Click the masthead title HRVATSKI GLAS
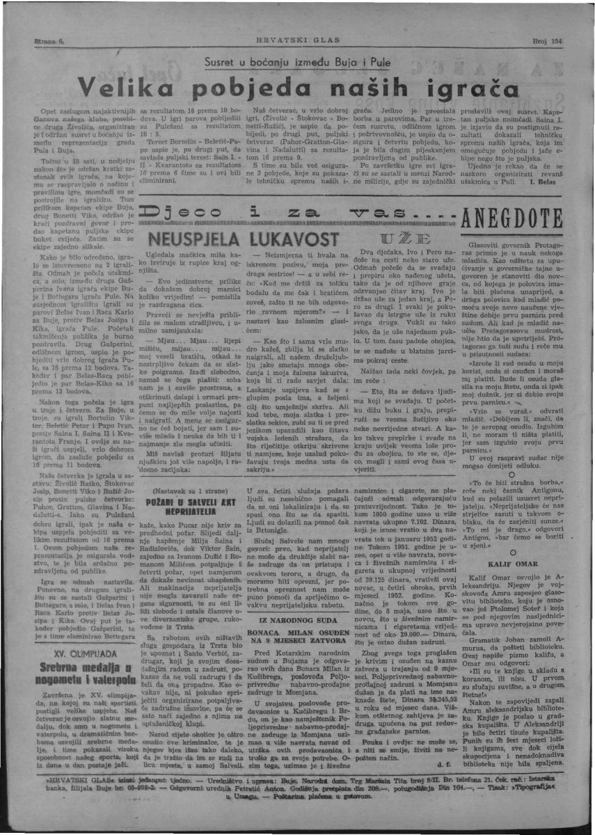coord(297,40)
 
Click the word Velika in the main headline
coord(125,88)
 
